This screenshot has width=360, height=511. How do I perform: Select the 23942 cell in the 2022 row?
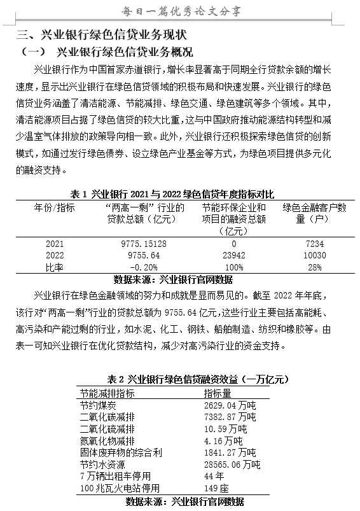tap(233, 255)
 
